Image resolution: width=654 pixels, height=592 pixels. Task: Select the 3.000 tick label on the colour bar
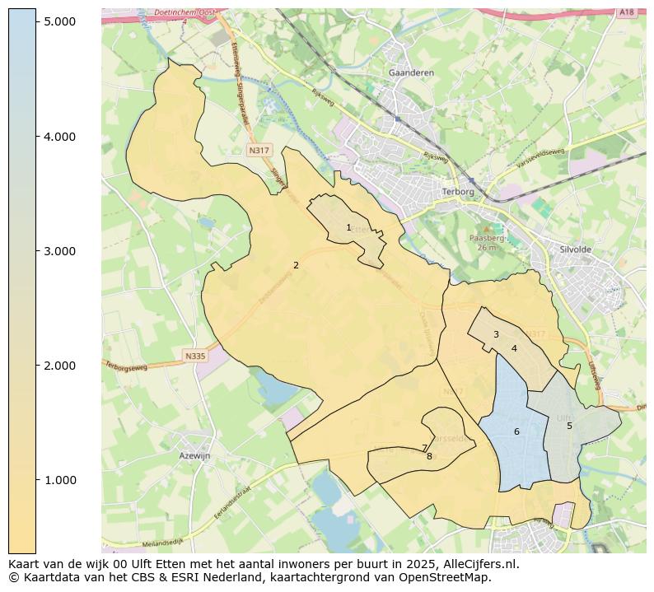pos(60,250)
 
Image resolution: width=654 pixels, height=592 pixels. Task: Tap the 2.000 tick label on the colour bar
pos(60,365)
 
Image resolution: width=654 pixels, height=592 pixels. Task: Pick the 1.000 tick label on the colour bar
pos(60,479)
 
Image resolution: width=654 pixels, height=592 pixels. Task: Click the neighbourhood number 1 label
pos(348,227)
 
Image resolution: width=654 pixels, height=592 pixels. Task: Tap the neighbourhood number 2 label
pos(296,265)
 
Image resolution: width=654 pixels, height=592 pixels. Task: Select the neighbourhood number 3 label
pos(496,334)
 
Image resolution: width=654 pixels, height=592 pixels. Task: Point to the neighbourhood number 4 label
pos(514,348)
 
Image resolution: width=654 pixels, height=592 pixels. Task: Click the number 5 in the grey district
pos(569,426)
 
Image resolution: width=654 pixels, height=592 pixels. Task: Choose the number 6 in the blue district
pos(516,431)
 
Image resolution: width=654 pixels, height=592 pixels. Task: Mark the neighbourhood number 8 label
pos(429,456)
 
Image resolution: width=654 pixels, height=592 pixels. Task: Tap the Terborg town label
pos(459,191)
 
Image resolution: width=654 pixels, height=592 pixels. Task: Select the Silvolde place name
pos(575,249)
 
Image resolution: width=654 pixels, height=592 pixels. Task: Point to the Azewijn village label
pos(194,455)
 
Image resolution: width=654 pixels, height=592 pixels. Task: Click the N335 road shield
pos(195,356)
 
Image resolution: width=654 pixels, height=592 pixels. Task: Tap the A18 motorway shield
pos(627,12)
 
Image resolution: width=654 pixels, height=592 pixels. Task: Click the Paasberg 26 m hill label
pos(485,242)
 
